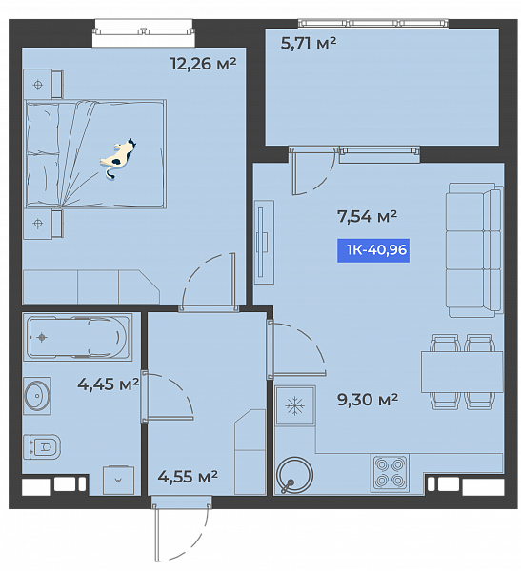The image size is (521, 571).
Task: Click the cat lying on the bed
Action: [x=117, y=158]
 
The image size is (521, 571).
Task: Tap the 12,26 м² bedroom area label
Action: [x=204, y=64]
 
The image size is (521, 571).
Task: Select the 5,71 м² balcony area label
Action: [x=309, y=43]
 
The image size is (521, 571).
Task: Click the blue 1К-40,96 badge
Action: [x=373, y=250]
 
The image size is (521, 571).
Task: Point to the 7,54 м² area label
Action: [x=367, y=216]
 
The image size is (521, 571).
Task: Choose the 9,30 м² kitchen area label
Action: [x=368, y=400]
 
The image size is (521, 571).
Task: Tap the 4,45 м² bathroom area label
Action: [x=109, y=384]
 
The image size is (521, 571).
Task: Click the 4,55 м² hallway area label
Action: [x=188, y=477]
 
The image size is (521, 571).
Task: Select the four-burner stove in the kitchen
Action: [x=391, y=473]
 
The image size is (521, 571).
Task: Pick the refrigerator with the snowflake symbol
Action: [x=295, y=405]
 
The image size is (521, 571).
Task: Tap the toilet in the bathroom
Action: [x=42, y=446]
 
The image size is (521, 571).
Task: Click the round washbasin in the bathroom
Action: [x=37, y=396]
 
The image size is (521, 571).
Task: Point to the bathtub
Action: [x=77, y=337]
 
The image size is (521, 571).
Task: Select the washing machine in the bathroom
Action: [x=118, y=481]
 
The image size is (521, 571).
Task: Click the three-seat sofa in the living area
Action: [x=474, y=250]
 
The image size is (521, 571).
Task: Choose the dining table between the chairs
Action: [x=462, y=372]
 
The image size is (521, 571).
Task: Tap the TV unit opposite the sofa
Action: [x=264, y=242]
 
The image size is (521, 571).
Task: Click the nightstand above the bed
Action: [x=43, y=84]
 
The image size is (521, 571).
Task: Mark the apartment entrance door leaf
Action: [x=157, y=534]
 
